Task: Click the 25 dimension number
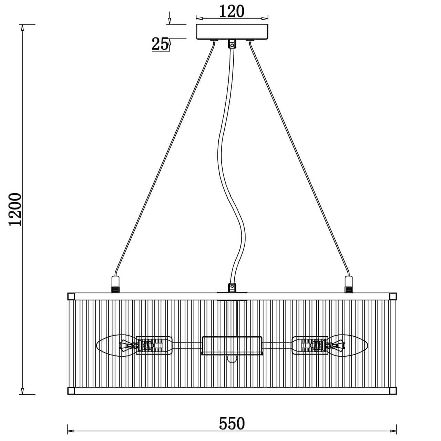tap(160, 44)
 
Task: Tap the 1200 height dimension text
tap(15, 209)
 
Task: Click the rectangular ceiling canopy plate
tap(232, 32)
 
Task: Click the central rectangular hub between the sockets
tap(232, 346)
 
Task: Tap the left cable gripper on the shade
tap(115, 285)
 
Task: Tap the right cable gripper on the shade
tap(349, 285)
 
